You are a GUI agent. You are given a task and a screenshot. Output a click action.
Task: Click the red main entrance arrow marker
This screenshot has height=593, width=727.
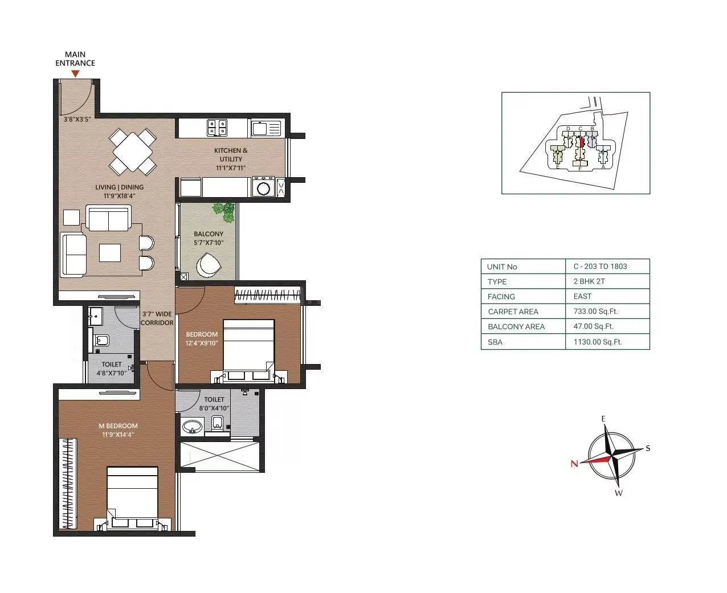(x=75, y=73)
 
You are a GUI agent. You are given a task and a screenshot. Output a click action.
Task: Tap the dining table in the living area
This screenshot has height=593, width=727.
(x=133, y=152)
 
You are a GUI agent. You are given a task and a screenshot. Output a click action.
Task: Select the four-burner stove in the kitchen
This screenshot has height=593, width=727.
(x=217, y=128)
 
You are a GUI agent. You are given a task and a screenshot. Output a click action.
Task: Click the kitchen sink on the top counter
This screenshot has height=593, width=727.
(x=266, y=128)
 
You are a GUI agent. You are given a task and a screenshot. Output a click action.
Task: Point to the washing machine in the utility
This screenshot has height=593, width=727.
(x=263, y=187)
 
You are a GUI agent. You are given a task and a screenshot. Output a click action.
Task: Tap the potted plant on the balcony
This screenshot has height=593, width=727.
(x=224, y=211)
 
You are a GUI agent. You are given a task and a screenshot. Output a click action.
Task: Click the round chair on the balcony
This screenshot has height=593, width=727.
(x=209, y=265)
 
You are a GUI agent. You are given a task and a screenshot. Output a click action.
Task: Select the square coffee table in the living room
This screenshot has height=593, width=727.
(x=110, y=252)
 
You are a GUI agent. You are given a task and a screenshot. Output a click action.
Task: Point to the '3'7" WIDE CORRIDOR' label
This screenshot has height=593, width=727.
(x=157, y=318)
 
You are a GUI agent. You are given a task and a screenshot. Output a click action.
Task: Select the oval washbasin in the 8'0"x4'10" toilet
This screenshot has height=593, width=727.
(x=192, y=427)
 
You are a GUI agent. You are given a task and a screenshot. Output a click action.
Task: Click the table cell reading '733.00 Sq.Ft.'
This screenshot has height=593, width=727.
(x=595, y=312)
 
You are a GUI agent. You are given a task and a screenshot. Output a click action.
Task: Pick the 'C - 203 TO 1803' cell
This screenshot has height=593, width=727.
(x=600, y=266)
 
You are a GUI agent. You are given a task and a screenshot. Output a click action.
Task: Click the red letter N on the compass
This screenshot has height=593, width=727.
(x=574, y=464)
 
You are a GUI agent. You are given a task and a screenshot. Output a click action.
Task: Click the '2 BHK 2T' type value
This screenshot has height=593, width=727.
(x=589, y=281)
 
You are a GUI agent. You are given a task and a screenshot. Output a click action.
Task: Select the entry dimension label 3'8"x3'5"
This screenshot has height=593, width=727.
(x=77, y=120)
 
